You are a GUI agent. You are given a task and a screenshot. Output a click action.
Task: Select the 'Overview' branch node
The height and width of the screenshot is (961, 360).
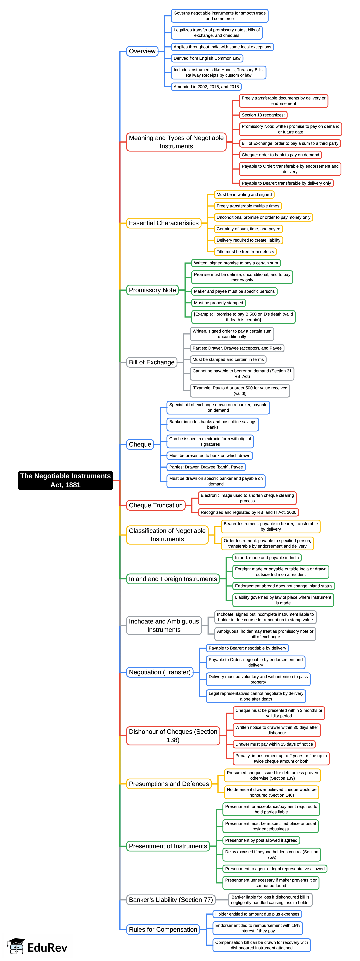(142, 51)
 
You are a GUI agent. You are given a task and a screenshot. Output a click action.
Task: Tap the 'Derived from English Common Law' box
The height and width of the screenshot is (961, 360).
(207, 58)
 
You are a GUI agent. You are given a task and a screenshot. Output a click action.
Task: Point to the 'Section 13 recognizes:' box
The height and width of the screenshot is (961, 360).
(263, 115)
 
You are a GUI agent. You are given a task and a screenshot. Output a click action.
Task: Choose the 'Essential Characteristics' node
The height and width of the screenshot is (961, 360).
(164, 223)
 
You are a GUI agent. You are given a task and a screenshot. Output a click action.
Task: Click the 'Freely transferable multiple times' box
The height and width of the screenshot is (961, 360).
(248, 206)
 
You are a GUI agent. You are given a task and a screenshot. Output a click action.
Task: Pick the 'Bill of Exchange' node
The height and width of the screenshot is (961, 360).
(151, 362)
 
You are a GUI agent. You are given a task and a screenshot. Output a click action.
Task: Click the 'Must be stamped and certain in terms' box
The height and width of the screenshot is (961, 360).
(228, 360)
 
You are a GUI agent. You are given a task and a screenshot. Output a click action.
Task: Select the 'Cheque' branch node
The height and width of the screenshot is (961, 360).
(140, 444)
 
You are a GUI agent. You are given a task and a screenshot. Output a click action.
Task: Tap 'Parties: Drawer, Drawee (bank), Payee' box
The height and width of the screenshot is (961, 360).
(206, 467)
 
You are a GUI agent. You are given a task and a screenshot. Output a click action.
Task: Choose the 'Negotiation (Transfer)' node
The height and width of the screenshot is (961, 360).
(160, 672)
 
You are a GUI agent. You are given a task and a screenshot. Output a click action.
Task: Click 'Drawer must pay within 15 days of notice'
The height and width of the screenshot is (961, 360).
(274, 744)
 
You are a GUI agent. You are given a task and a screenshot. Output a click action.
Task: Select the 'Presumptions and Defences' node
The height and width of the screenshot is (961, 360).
(169, 784)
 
